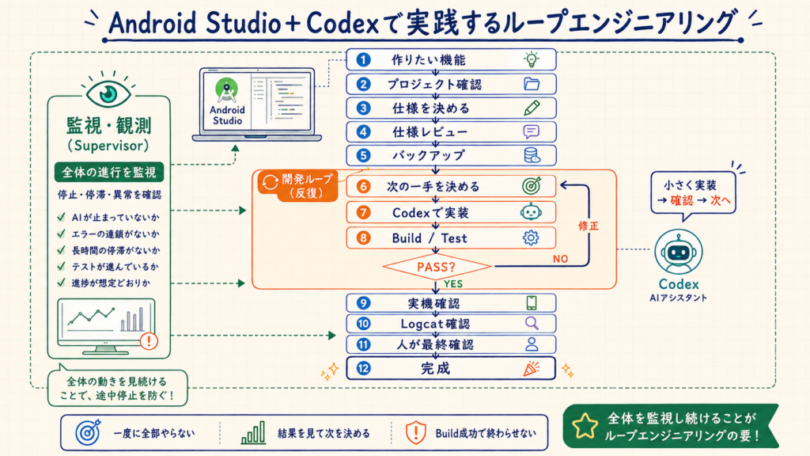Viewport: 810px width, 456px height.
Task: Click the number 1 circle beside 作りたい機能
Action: (363, 60)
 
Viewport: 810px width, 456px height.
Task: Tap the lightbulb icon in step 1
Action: (532, 60)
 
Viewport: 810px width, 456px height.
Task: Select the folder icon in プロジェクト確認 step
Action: (532, 84)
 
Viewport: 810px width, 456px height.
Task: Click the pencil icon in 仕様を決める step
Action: (532, 108)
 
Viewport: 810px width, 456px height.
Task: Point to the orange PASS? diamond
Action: (437, 267)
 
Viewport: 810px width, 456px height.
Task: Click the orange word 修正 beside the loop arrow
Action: (589, 226)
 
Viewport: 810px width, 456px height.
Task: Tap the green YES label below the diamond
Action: (453, 284)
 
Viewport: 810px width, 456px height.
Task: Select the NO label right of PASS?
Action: (561, 259)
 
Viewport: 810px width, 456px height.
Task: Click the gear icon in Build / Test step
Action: (531, 237)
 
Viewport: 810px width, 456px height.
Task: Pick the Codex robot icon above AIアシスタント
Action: (678, 252)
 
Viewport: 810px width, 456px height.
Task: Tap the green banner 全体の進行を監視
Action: (109, 172)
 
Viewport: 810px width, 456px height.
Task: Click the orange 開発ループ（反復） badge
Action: (298, 186)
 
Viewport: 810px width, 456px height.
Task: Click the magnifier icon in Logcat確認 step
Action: (532, 324)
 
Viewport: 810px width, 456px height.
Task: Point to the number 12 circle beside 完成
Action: (364, 368)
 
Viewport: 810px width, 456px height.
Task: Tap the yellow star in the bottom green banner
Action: (585, 425)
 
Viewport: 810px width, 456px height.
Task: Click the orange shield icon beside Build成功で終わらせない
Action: (415, 433)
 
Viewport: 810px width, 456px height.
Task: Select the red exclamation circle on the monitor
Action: (150, 341)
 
